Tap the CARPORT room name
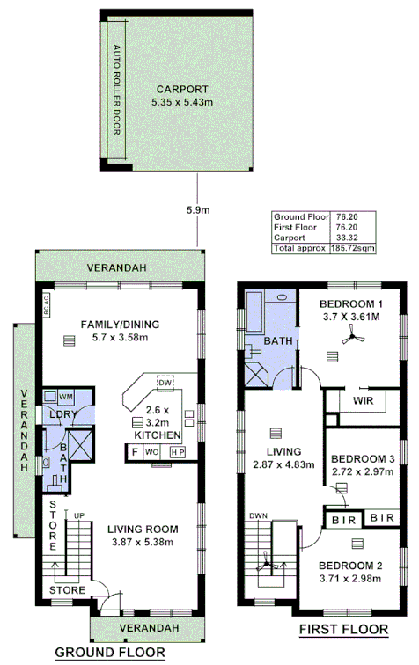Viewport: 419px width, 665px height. pos(183,89)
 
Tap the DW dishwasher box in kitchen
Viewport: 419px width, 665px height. pos(164,382)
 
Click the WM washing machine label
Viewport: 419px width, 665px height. pos(65,398)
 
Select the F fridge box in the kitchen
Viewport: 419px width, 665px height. pos(134,452)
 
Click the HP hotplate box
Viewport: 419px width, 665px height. pos(177,452)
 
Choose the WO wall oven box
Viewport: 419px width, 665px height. pos(151,452)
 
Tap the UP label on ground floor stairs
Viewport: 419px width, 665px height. pos(78,515)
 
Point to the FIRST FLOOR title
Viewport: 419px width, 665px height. pos(344,629)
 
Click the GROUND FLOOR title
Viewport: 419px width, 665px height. pos(110,652)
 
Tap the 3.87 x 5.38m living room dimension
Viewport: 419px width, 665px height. pos(143,543)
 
